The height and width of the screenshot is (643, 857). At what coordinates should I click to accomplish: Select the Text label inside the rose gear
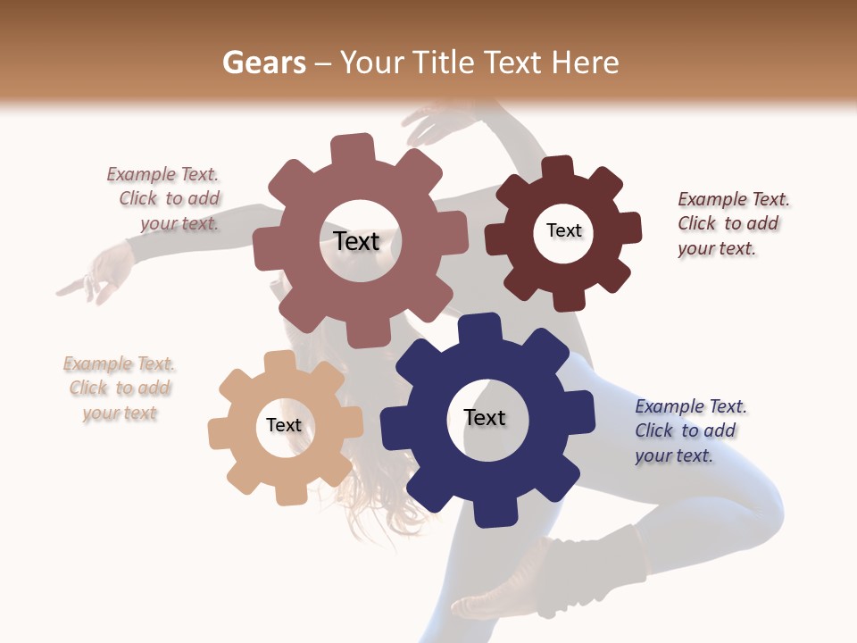[x=356, y=241]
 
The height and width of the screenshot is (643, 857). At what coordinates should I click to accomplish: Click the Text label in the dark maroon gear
[x=563, y=230]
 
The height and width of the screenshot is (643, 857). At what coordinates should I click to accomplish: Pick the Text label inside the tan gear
[x=284, y=425]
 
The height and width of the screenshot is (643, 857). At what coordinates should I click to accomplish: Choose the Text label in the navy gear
[x=485, y=417]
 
